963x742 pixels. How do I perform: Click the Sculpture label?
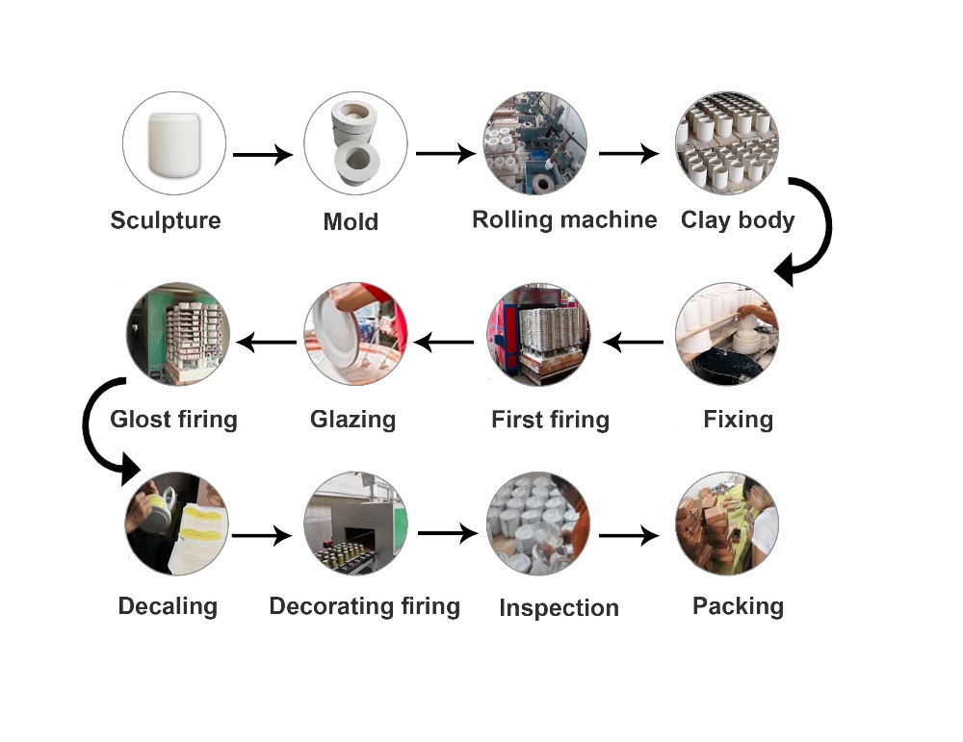pos(166,220)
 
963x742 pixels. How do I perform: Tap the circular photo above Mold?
pos(354,143)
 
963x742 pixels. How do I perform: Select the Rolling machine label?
pos(564,219)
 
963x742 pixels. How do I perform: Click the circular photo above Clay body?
pos(727,143)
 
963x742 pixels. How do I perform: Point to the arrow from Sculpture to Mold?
pos(262,154)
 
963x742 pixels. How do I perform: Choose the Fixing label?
pos(738,420)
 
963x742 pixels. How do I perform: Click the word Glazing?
pos(352,420)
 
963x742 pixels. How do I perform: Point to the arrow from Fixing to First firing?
pos(633,341)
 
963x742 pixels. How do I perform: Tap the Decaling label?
pos(168,606)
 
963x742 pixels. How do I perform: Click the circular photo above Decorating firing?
pos(355,524)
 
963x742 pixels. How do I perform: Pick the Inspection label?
pos(559,608)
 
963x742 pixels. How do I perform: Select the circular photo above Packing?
pos(727,524)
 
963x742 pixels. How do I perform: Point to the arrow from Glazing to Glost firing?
pos(267,341)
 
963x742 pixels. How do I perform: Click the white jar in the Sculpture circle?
pos(174,143)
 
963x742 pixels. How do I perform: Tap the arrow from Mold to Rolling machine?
pos(445,153)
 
